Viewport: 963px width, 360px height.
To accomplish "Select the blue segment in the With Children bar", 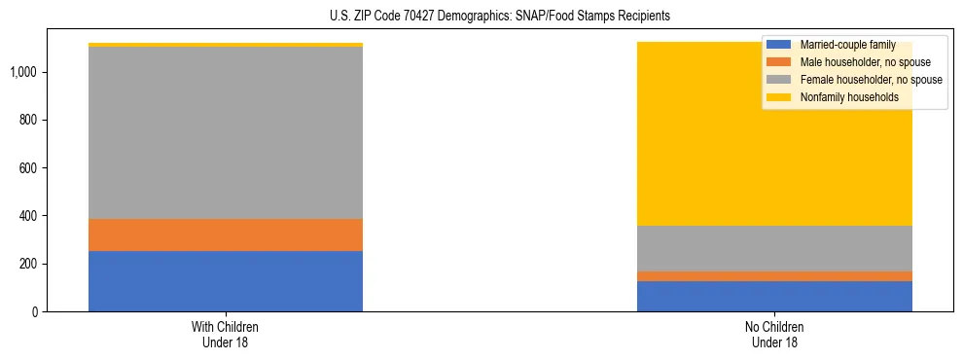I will point(226,281).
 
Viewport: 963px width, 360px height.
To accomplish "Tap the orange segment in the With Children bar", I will point(226,234).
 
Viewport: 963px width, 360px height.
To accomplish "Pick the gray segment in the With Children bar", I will point(226,132).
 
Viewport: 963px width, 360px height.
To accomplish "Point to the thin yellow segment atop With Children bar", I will point(226,45).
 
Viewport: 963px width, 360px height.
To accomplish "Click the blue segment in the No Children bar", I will point(774,296).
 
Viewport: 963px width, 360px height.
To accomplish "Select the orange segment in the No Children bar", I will point(774,276).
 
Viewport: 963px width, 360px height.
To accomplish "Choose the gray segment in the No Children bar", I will point(774,248).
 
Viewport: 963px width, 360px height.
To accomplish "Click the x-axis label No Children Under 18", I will point(774,335).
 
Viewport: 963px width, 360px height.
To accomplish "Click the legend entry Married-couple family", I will point(847,45).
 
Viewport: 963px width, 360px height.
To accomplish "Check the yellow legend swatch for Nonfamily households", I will point(779,97).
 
